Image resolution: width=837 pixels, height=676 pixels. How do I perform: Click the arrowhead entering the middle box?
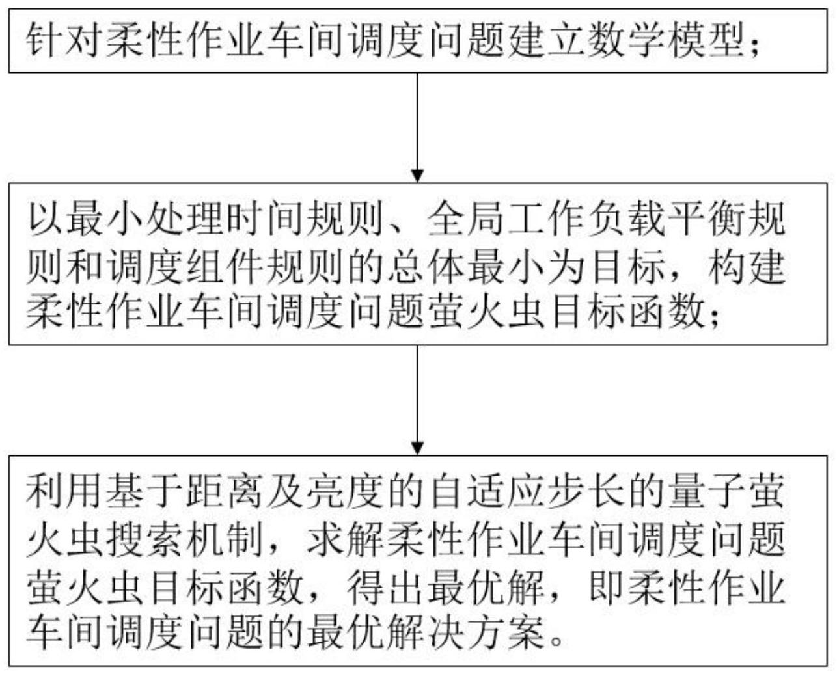pos(417,176)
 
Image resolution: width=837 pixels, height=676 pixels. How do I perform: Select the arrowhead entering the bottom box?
pos(417,448)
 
